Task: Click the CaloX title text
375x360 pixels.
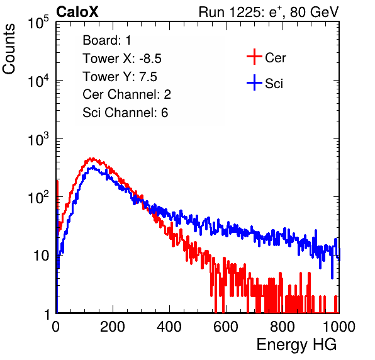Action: [x=77, y=12]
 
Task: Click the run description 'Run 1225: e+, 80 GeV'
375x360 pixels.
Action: [x=269, y=12]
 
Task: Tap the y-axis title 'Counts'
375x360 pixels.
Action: [x=9, y=49]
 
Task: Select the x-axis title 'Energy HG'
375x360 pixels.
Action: [x=297, y=345]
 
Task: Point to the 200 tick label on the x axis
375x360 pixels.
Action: [x=113, y=327]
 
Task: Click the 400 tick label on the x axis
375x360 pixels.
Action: [x=169, y=327]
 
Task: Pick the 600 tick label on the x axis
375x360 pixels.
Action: [x=226, y=327]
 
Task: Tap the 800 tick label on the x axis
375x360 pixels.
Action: [x=283, y=327]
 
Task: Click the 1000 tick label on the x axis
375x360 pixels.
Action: [x=339, y=327]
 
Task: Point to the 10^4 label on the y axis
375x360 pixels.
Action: [x=38, y=81]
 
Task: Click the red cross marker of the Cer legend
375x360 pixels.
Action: [x=254, y=57]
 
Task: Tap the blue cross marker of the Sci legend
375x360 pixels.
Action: [x=254, y=83]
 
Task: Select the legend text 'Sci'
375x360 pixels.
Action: [x=274, y=84]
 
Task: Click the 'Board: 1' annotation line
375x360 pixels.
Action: [x=107, y=40]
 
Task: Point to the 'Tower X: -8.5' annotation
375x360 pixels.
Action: [x=122, y=59]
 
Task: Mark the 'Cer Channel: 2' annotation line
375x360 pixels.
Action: [x=126, y=94]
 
